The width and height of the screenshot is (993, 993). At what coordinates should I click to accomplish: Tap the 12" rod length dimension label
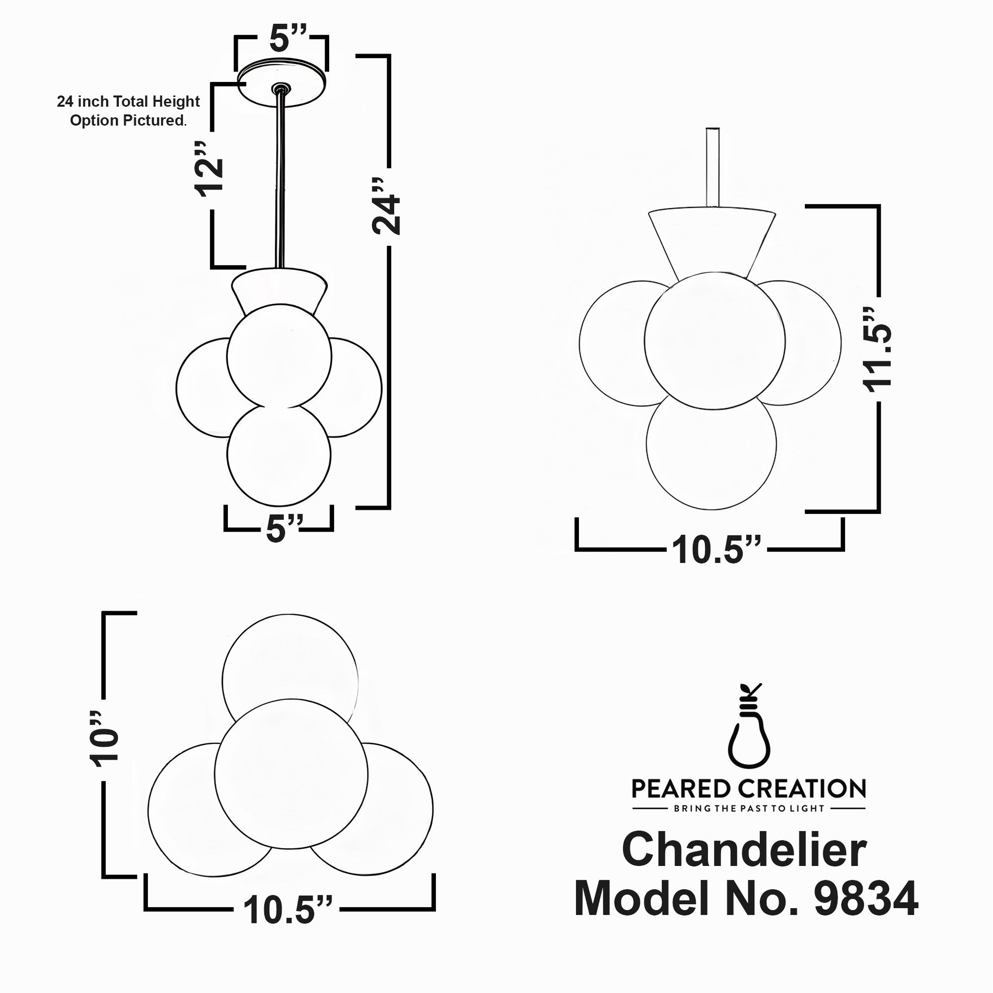(x=210, y=169)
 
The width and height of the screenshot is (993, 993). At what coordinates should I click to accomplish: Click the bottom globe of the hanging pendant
(x=279, y=455)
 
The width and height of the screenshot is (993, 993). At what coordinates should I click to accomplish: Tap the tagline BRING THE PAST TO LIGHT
(x=749, y=808)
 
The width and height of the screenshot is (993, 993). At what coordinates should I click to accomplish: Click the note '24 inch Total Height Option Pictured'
(x=128, y=111)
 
